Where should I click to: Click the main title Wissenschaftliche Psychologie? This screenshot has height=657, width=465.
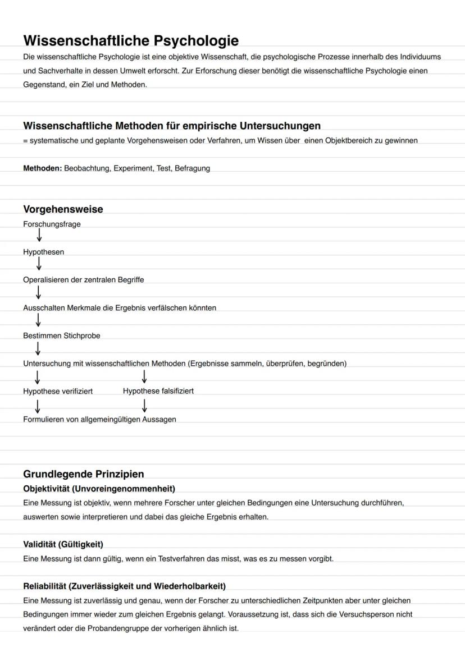(x=131, y=41)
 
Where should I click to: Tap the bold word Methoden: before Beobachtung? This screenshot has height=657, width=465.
(x=42, y=168)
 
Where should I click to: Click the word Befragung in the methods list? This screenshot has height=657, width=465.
(x=192, y=168)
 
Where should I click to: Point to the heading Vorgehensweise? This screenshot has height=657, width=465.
(x=63, y=209)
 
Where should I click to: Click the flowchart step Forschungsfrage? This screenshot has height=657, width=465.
(x=52, y=224)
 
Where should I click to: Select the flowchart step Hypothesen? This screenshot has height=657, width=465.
(x=43, y=252)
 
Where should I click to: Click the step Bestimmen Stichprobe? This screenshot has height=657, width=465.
(x=62, y=336)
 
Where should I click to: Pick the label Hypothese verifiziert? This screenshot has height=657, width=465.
(x=58, y=391)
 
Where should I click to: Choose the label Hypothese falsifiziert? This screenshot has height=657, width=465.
(x=158, y=391)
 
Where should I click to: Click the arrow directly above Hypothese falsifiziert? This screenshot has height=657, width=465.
(x=144, y=376)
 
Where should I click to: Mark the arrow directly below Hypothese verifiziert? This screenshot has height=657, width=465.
(x=38, y=405)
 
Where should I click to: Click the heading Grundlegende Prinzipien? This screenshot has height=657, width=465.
(x=84, y=474)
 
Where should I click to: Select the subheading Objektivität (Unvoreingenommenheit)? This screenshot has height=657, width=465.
(x=99, y=489)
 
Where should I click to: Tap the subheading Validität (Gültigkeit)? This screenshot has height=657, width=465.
(x=63, y=544)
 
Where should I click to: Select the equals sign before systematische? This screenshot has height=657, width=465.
(x=25, y=141)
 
